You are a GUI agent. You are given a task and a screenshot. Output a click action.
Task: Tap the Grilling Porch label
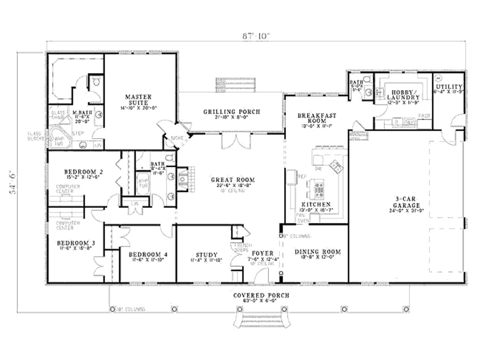point(232,112)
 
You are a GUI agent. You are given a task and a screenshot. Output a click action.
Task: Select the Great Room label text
point(232,180)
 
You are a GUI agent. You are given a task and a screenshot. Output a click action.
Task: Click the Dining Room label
point(318,252)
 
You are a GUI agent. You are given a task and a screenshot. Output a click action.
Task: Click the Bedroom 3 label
point(76,243)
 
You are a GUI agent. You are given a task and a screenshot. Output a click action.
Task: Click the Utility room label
point(449,87)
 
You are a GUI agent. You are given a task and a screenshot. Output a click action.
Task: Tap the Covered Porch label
point(261,295)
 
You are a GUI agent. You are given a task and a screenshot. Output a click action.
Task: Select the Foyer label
point(262,254)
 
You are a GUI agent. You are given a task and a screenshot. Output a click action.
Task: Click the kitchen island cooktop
point(321,188)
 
